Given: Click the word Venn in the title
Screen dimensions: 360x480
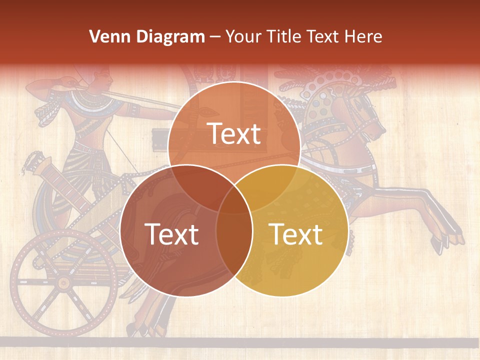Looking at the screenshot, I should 105,36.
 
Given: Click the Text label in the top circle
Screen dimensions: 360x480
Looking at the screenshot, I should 234,133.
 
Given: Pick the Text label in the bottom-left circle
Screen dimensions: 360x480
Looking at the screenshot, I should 171,234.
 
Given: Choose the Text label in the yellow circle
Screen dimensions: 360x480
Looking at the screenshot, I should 296,234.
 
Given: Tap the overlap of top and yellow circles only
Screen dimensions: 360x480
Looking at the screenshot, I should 272,186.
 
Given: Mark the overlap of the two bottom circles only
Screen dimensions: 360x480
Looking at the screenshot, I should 234,240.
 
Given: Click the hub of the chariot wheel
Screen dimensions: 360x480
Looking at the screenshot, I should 63,283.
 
